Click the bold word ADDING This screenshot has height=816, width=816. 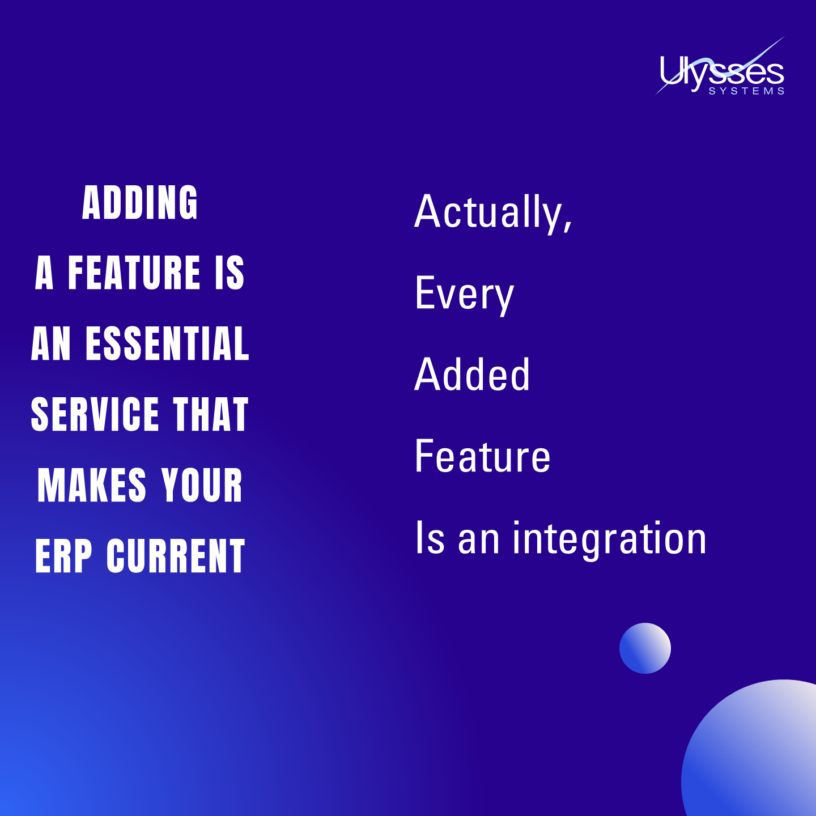140,203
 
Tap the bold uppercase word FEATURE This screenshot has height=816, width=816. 134,273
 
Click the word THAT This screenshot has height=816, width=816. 211,414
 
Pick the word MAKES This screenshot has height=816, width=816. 92,486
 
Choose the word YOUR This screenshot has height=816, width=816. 202,486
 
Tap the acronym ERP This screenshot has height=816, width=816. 63,556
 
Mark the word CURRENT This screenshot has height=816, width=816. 176,556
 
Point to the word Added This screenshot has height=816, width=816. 472,375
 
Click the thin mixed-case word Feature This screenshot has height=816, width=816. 482,456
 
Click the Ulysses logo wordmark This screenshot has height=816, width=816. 721,73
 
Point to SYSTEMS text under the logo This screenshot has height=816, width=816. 746,91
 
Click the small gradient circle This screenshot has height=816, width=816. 645,648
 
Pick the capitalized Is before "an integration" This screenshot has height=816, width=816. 430,538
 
